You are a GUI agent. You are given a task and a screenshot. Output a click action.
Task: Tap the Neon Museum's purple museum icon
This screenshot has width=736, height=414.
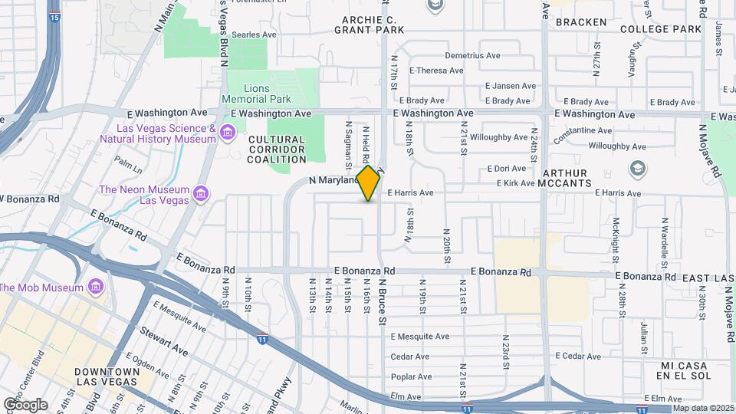point(200,192)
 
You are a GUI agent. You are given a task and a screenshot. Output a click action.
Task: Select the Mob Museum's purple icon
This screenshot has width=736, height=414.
point(95,287)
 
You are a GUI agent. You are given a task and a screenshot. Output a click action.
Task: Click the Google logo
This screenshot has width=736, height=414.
point(25,404)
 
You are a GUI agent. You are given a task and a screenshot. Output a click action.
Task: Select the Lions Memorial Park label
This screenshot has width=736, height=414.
point(257,94)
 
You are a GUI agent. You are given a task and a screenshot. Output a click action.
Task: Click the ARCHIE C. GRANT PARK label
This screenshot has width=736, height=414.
point(369,25)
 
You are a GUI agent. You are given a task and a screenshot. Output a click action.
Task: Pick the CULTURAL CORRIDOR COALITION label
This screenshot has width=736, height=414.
point(277,149)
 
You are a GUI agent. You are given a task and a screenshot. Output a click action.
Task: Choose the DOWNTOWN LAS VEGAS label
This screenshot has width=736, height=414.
point(107,376)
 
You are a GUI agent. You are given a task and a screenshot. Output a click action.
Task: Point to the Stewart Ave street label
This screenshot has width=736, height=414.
point(163,342)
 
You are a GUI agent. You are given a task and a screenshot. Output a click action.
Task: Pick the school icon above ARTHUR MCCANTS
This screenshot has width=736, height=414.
point(636,167)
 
